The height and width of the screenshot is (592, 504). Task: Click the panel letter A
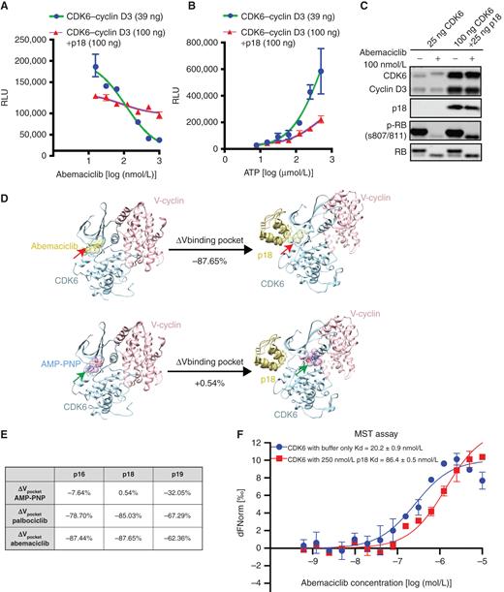(8, 8)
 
